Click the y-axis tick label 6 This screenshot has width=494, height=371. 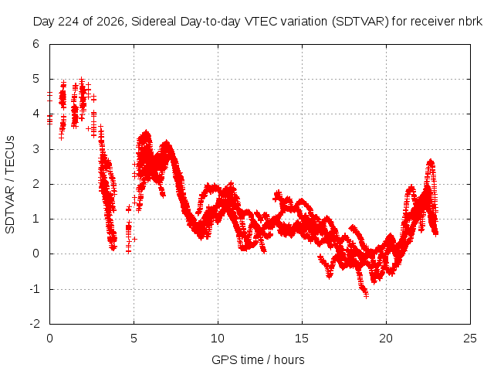tap(36, 44)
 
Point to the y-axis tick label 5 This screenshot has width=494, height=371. tap(36, 79)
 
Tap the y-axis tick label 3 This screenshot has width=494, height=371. tap(36, 149)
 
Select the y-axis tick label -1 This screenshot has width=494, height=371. tap(34, 289)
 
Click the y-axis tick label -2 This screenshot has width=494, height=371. tap(34, 324)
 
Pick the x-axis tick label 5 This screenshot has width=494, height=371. tap(134, 339)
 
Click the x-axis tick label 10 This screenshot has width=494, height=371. tap(218, 339)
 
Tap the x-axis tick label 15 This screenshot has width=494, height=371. tap(302, 339)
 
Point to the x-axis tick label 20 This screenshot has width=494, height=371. tap(386, 339)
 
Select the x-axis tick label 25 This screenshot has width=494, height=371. tap(470, 339)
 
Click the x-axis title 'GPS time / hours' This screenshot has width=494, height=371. tap(258, 360)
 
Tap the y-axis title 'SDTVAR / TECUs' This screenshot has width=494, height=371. tap(10, 185)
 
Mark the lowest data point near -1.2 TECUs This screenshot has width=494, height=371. tap(366, 295)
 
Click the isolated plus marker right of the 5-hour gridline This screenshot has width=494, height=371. tap(135, 240)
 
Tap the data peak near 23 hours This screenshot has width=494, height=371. tap(431, 162)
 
